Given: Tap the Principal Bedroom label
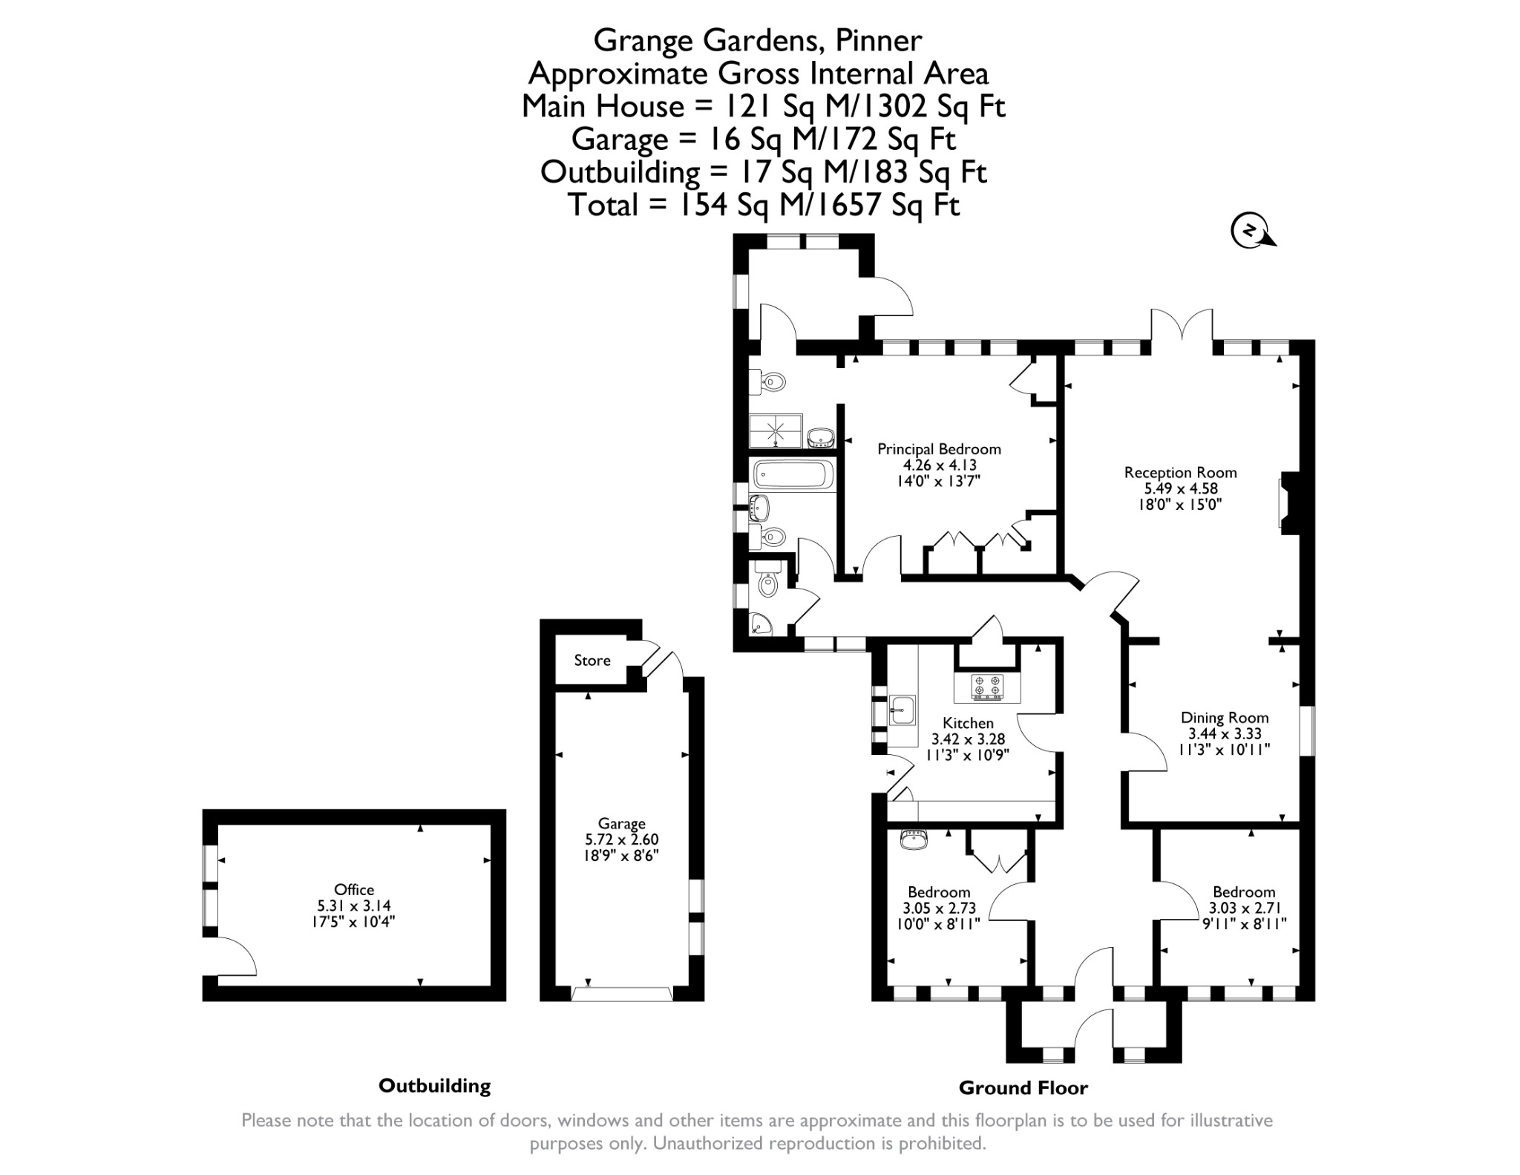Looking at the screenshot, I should [x=939, y=449].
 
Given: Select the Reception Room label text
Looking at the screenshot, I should [x=1180, y=473].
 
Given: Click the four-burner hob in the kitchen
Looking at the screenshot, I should [x=987, y=686].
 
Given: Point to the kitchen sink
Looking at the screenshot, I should [x=902, y=710].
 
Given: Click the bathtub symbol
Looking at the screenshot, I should [x=793, y=474].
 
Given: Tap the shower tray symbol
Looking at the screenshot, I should [x=776, y=431].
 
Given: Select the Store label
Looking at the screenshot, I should [x=592, y=661].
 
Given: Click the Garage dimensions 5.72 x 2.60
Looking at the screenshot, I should [x=621, y=840].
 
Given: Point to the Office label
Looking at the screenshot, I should [x=354, y=889].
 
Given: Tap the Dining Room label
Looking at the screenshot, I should [x=1225, y=718].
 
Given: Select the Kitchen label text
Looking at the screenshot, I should [x=968, y=723].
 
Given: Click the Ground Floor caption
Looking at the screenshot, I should [x=1023, y=1088].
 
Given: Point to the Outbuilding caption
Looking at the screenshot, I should [x=434, y=1086].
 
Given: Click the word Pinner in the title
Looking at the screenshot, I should [x=879, y=40].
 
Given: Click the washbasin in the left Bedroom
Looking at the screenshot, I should [x=914, y=840].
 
